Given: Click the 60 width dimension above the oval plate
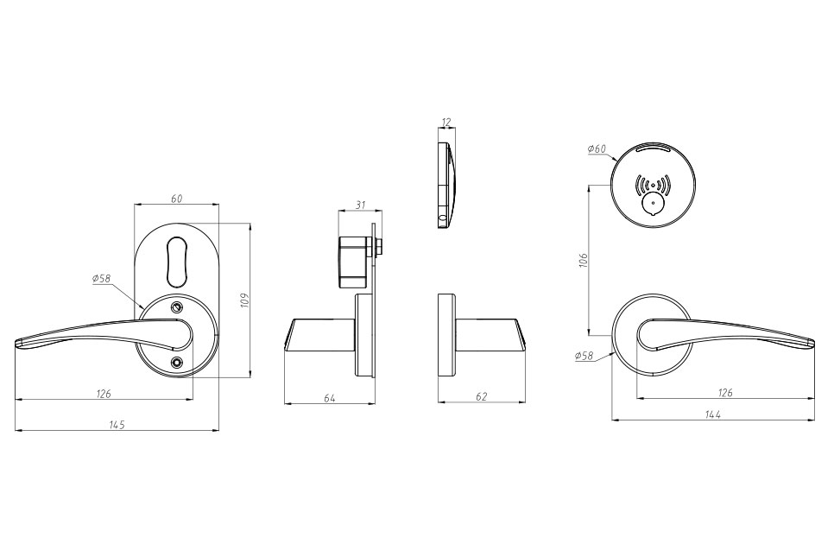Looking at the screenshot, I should click(x=176, y=199).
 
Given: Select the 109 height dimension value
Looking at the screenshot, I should click(x=244, y=300).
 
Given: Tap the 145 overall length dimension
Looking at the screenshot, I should click(x=117, y=424).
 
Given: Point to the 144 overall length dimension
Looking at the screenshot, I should click(x=713, y=414).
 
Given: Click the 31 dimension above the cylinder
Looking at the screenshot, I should click(x=360, y=205).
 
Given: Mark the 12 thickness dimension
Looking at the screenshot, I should click(x=446, y=123).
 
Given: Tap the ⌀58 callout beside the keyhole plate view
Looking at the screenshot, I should click(x=101, y=279).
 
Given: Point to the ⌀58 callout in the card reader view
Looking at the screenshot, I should click(x=584, y=356).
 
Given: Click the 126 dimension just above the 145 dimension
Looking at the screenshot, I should click(x=104, y=394).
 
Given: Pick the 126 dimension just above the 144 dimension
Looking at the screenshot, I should click(x=725, y=392).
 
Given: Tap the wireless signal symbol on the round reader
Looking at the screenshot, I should click(x=653, y=185).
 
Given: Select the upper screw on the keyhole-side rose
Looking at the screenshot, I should click(x=178, y=308).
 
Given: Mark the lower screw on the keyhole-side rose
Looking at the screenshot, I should click(x=177, y=363).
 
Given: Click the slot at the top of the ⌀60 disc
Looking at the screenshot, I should click(x=654, y=147).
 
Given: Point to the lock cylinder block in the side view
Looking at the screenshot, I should click(x=354, y=262).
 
